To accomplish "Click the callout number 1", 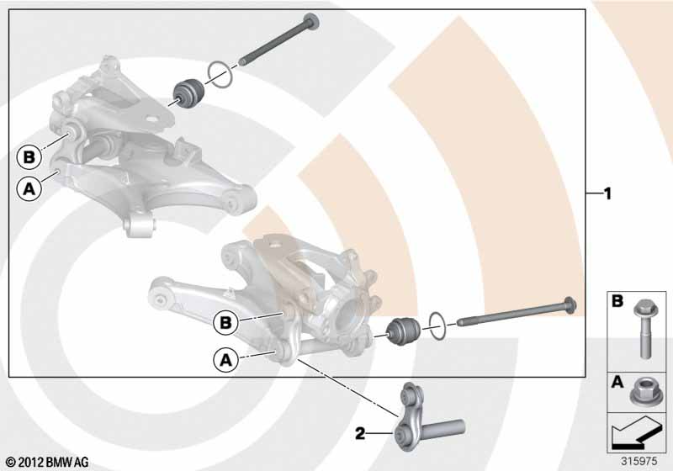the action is pos(607,194).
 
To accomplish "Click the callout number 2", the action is pos(360,434).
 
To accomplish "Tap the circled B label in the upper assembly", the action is pos(29,157).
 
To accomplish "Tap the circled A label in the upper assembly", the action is pos(29,188).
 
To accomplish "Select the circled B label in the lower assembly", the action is pos(225,323).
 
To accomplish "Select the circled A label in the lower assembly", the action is pos(225,359).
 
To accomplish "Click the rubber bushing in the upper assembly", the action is pos(188,93).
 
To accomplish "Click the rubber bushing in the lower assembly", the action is pos(404,329).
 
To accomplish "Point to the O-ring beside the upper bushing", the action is pos(220,75).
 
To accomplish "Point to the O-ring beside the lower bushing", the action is pos(437,326).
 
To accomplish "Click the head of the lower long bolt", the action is pos(570,305).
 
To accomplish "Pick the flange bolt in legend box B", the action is pos(642,329).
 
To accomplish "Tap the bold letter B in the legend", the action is pos(617,301).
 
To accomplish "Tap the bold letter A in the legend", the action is pos(617,382).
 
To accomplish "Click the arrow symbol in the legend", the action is pos(635,434).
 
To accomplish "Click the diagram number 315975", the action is pos(639,462).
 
